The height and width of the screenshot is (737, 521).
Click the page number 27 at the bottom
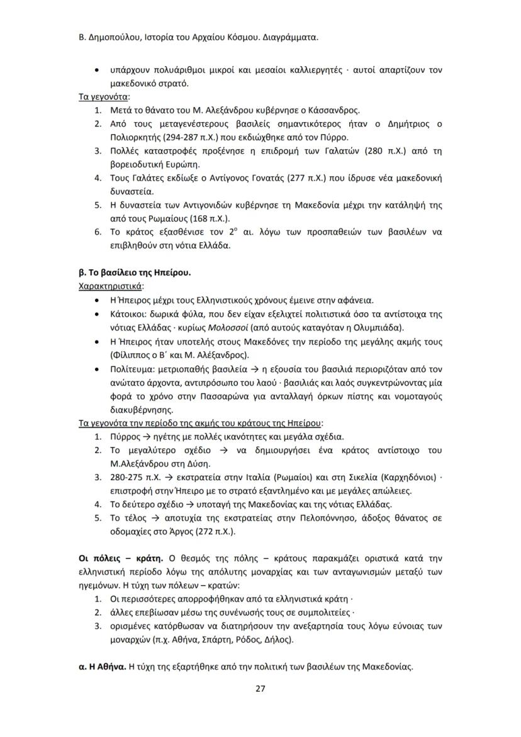[260, 688]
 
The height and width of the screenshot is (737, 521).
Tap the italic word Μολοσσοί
[230, 327]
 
